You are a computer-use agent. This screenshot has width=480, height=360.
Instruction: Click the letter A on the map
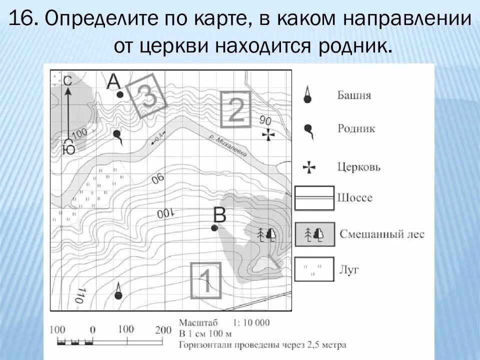[114, 81]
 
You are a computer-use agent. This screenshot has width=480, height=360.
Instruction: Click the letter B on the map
[220, 215]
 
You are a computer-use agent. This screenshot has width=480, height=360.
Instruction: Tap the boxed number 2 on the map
[236, 109]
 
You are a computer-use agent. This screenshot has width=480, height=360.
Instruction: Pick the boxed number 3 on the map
[146, 96]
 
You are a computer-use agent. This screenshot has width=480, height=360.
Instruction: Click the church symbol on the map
[268, 134]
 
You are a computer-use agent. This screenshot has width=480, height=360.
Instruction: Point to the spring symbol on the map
[117, 135]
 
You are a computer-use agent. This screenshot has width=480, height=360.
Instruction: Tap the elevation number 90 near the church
[265, 120]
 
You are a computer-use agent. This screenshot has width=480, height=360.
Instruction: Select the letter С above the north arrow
[68, 81]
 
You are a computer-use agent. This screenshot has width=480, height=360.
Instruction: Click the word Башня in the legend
[354, 95]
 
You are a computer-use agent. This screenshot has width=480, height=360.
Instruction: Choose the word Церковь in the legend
[358, 166]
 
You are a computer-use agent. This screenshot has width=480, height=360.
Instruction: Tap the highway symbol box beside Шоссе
[314, 197]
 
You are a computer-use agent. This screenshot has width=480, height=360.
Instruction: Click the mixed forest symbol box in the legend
[314, 234]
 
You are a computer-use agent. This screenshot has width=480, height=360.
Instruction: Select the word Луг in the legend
[348, 270]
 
